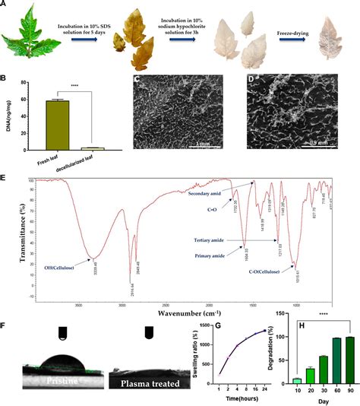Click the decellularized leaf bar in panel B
pyautogui.click(x=91, y=147)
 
